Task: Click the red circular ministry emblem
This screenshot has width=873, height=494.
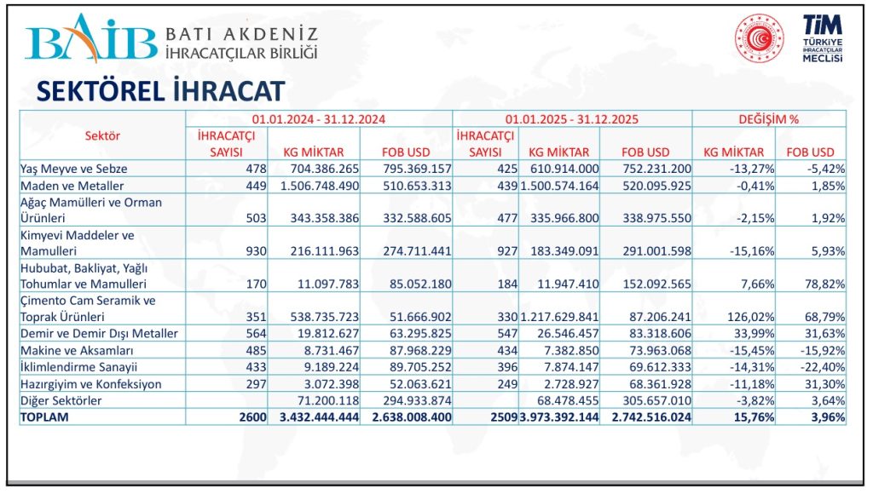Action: [759, 39]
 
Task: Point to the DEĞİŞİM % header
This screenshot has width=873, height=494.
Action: [768, 120]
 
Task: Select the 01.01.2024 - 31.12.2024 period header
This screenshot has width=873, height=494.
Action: [319, 120]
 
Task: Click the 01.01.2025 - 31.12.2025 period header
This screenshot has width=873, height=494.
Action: [572, 120]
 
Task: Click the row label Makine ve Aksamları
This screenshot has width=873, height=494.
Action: [77, 350]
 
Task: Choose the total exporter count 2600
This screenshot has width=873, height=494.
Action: [252, 417]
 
